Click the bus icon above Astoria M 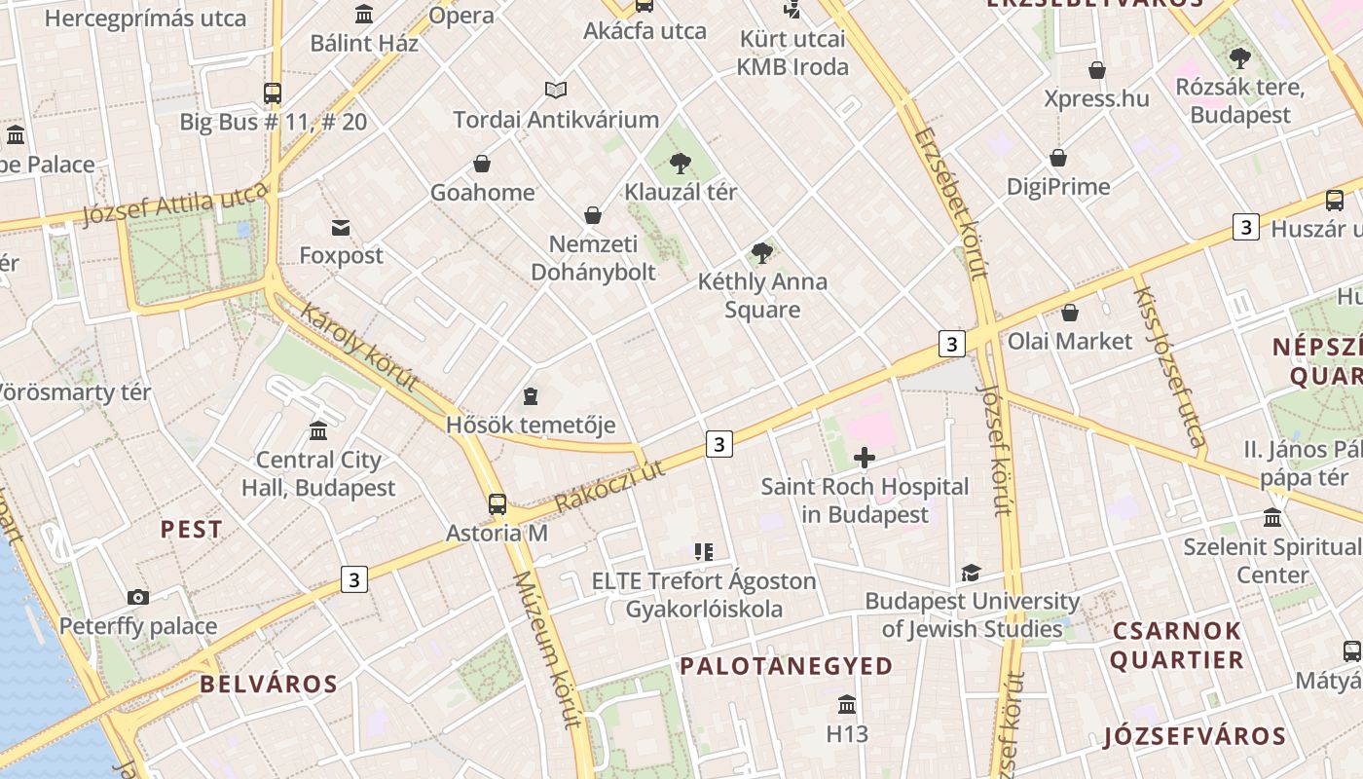click(497, 503)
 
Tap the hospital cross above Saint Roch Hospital click(864, 458)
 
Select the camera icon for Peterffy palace click(138, 597)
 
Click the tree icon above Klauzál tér click(681, 164)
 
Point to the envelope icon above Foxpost click(341, 228)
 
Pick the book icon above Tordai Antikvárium click(556, 91)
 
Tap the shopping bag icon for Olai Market click(1070, 313)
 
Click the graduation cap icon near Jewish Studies click(971, 573)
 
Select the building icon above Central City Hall click(318, 430)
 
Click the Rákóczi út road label click(609, 486)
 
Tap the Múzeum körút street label click(547, 649)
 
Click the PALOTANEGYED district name click(786, 666)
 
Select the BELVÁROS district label click(269, 684)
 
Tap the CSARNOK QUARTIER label click(1177, 645)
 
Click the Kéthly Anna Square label click(762, 296)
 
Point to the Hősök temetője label click(531, 425)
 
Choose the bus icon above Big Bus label click(273, 93)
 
